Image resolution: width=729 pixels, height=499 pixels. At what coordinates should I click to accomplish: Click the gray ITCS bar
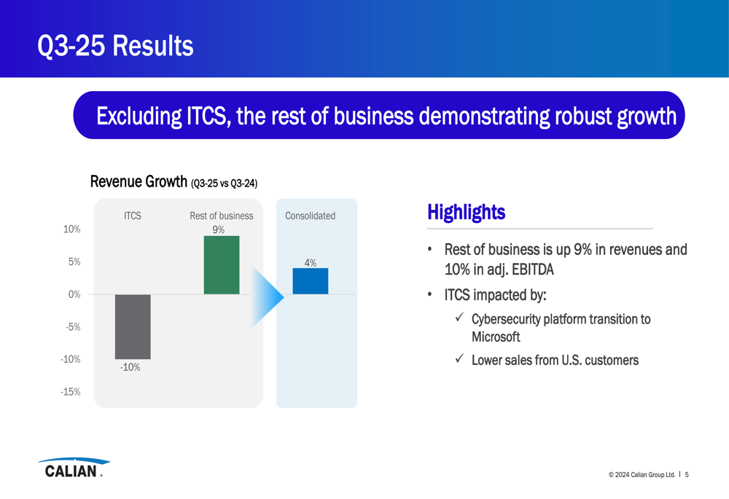coord(133,326)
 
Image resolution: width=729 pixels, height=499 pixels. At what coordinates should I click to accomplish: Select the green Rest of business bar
coord(222,265)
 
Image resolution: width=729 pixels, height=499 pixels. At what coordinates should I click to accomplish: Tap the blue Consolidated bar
coord(310,281)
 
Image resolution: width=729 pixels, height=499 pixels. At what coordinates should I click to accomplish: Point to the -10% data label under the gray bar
coord(130,367)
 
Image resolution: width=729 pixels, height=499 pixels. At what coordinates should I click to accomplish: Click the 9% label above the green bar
coord(219,229)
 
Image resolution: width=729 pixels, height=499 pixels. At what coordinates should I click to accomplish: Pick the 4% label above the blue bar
coord(310,262)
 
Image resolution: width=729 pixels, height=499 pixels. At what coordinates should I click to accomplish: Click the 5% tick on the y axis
coord(74,262)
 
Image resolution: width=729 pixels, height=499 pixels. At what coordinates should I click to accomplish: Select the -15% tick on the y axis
coord(70,392)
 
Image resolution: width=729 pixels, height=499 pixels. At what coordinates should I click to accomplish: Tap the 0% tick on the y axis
coord(74,294)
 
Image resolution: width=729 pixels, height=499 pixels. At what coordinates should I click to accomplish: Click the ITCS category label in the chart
coord(133,216)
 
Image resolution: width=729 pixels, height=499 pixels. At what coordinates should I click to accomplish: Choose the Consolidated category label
coord(310,216)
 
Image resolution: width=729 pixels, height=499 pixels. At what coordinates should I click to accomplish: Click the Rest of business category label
coord(222,216)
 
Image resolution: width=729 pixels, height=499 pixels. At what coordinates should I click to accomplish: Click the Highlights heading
coord(467,212)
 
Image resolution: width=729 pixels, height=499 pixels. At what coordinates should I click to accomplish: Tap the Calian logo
coord(74,468)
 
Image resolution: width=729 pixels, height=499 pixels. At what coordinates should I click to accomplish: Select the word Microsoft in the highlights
coord(496,337)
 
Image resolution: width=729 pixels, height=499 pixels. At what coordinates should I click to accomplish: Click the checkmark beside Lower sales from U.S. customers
coord(460,358)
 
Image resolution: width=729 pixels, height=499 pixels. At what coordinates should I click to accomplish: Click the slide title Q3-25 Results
coord(115,46)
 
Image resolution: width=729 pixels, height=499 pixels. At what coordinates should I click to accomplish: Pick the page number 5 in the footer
coord(687,474)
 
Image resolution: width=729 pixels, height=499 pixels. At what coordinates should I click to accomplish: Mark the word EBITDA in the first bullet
coord(533,270)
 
